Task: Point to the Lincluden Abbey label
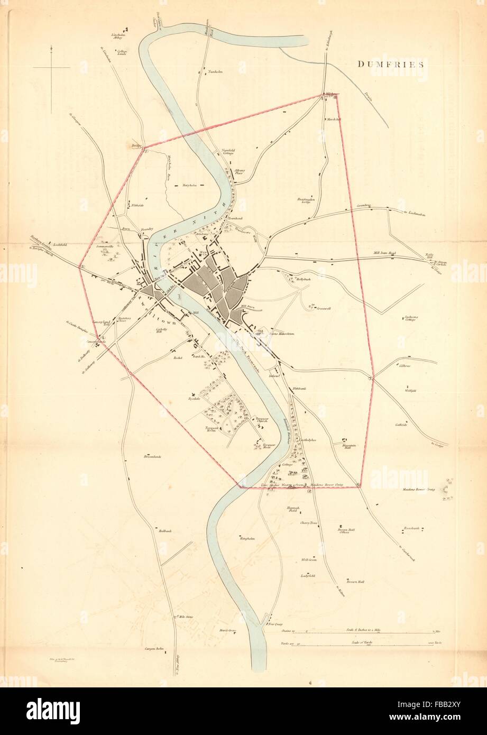pyautogui.click(x=117, y=36)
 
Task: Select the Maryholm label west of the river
pyautogui.click(x=189, y=186)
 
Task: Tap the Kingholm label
pyautogui.click(x=247, y=539)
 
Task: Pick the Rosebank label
pyautogui.click(x=411, y=528)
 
